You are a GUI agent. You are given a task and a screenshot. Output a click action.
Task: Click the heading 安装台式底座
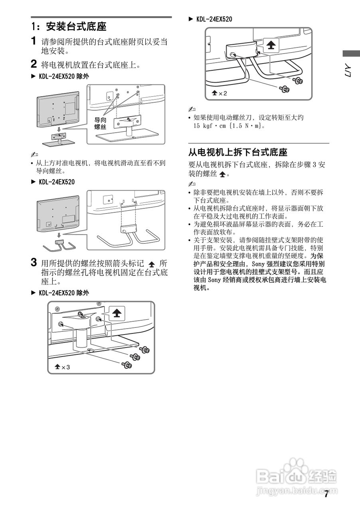coord(76,27)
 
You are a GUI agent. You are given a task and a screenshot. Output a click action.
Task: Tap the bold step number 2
coord(35,64)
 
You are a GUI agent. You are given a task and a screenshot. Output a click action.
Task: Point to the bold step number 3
coord(35,263)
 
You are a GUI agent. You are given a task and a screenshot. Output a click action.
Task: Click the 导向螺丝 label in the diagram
coord(100,123)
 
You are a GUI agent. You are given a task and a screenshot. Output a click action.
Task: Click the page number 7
coord(326,494)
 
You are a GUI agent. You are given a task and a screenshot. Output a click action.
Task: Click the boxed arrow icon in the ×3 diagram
coord(116,313)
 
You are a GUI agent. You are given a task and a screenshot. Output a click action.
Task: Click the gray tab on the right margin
coord(350,53)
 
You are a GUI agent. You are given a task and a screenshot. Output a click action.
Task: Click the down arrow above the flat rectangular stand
coord(59,129)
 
